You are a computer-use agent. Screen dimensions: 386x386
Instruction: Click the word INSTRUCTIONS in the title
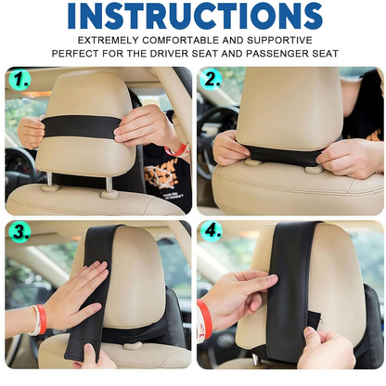(x=195, y=16)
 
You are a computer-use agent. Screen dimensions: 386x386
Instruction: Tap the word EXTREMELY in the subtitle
(x=108, y=40)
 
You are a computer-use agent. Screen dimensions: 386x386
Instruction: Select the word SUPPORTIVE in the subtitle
(x=279, y=40)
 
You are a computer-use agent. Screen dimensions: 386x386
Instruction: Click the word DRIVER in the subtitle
(x=169, y=54)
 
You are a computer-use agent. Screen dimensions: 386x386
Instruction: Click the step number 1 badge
(x=20, y=80)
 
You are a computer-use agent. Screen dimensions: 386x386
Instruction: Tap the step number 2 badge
(x=212, y=79)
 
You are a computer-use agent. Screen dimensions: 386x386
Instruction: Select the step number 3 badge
(x=20, y=232)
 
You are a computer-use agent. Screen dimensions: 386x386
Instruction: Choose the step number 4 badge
(x=212, y=231)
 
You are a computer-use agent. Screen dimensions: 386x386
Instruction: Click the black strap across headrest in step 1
(x=81, y=127)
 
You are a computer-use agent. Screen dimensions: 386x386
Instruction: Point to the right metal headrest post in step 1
(x=109, y=186)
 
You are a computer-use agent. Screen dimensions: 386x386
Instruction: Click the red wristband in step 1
(x=175, y=150)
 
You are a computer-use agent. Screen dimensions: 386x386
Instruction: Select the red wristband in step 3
(x=41, y=318)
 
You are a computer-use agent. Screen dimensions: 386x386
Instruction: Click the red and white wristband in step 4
(x=204, y=322)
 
